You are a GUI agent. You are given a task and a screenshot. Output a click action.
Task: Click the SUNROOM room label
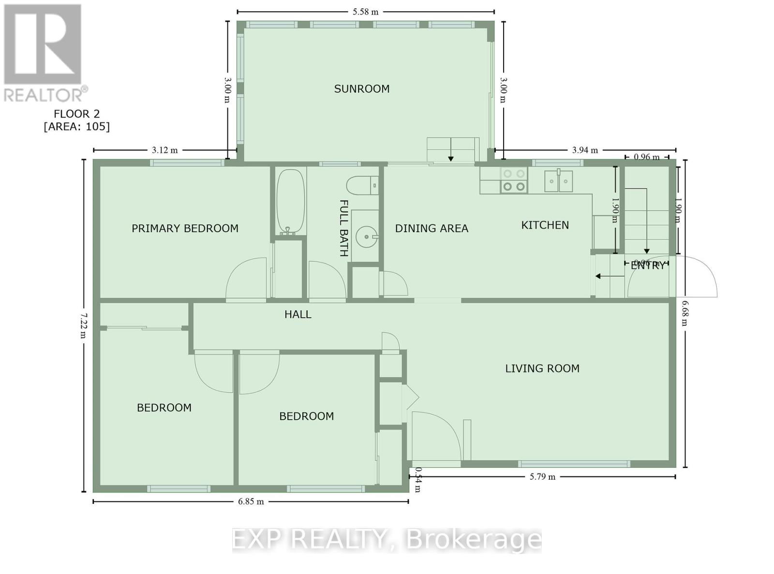point(362,89)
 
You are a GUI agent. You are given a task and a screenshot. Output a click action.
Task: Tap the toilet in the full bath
point(361,185)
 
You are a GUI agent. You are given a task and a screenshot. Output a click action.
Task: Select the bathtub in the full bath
point(290,201)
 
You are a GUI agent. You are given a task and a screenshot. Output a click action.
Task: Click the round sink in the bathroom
point(367,237)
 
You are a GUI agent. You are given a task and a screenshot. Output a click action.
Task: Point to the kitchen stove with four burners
point(514,180)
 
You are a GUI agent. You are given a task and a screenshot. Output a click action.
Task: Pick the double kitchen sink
point(558,181)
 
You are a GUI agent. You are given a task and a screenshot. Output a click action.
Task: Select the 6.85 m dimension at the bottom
point(251,501)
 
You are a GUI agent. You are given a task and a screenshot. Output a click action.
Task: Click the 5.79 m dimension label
point(542,477)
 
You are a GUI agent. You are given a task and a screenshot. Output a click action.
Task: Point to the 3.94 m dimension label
point(585,150)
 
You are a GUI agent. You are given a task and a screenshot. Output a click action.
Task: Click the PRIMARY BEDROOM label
point(185,228)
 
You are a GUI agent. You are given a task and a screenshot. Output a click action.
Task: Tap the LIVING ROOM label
point(542,368)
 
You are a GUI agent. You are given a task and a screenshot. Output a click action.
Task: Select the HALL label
point(298,314)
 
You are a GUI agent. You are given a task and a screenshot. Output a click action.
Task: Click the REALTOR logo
point(44,53)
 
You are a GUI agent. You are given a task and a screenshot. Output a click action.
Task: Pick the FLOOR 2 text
point(76,114)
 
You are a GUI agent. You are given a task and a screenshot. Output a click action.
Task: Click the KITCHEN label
point(545,225)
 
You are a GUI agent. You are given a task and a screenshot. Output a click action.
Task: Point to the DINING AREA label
point(432,228)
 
